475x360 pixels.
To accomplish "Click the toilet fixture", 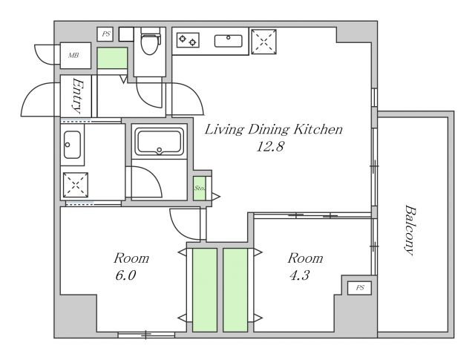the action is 151,41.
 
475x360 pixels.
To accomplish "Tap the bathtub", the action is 159,142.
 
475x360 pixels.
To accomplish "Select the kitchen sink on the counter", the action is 229,41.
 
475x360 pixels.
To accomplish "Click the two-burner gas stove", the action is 188,40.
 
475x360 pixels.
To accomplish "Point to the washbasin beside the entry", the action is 73,145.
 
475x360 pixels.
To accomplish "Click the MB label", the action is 73,56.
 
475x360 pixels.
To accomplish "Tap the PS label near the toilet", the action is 105,34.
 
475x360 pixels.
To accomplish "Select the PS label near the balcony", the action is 359,287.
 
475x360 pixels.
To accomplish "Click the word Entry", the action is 77,96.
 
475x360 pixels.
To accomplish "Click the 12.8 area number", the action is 270,147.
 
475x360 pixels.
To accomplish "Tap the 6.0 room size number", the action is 125,275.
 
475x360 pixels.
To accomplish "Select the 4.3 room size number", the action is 299,275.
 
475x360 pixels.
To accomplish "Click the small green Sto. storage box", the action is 200,189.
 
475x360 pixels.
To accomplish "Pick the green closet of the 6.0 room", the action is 205,290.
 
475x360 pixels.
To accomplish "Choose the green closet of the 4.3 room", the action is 235,290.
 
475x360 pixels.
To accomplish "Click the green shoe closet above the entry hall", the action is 112,58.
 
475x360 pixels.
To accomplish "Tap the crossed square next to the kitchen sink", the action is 264,42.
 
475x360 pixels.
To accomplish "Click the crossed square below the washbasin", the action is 76,185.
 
